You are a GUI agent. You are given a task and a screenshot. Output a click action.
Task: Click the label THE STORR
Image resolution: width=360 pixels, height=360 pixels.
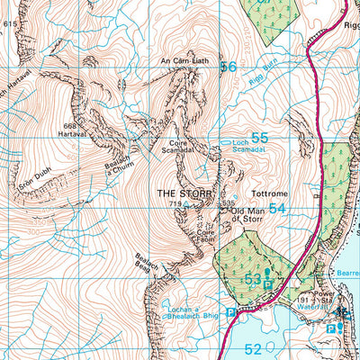point(185,193)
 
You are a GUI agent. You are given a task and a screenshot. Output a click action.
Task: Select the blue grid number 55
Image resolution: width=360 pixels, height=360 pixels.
point(259,139)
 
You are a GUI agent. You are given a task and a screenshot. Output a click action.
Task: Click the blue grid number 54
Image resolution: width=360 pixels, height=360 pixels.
point(277,208)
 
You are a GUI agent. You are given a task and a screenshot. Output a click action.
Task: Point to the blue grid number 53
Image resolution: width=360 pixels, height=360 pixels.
point(253,280)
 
